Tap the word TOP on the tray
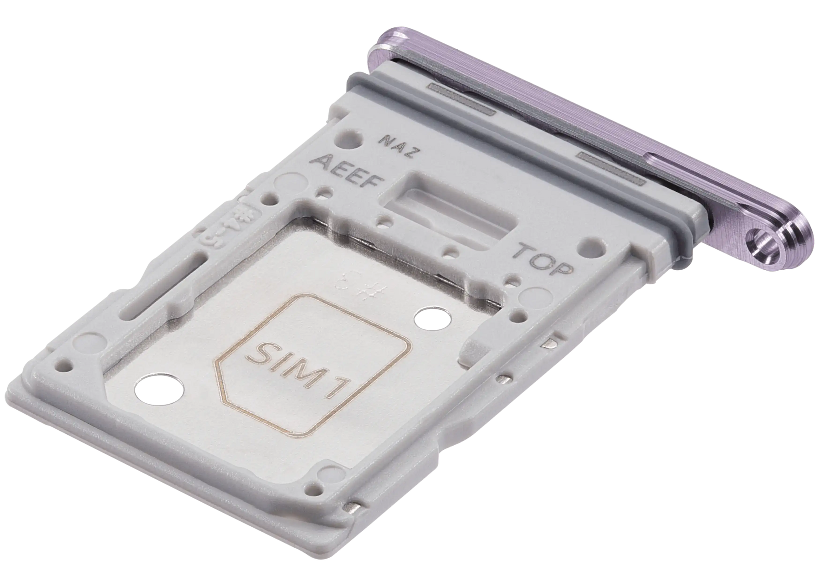[543, 259]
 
